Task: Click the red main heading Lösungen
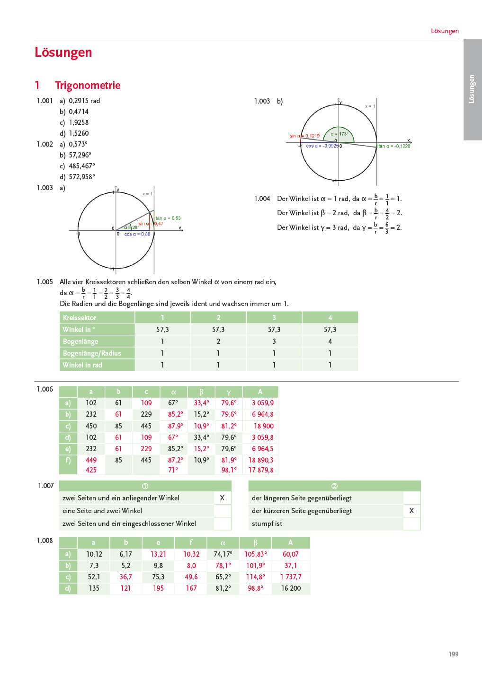pos(63,52)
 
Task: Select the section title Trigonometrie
pos(88,86)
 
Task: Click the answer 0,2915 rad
pos(84,101)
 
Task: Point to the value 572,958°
pos(82,177)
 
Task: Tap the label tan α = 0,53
pos(168,218)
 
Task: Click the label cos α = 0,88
pos(137,234)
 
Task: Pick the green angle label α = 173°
pos(339,134)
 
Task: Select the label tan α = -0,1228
pos(394,146)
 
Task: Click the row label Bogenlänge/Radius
pos(92,353)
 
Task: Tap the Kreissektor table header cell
pos(80,318)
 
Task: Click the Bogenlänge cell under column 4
pos(330,341)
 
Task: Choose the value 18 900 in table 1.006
pos(264,426)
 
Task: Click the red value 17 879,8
pos(261,470)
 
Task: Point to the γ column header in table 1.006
pos(229,392)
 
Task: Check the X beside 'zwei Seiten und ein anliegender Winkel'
pos(222,498)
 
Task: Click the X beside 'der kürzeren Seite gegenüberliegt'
pos(411,511)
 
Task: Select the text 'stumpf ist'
pos(267,524)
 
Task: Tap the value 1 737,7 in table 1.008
pos(291,577)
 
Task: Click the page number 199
pos(453,654)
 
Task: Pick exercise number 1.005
pos(45,282)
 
